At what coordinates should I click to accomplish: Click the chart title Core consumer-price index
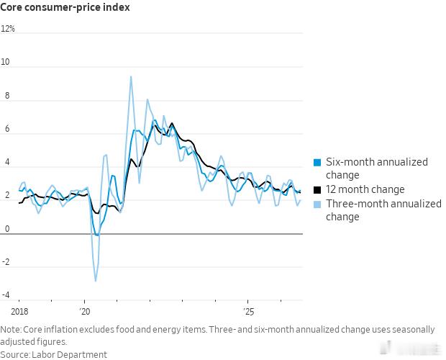coord(65,7)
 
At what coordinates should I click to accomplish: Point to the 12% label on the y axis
coord(8,29)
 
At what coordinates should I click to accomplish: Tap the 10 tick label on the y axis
coord(5,62)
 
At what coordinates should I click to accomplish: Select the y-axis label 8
coord(7,96)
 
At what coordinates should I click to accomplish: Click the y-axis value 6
coord(7,129)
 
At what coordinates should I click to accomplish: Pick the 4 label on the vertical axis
coord(7,162)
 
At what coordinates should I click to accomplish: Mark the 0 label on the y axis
coord(7,229)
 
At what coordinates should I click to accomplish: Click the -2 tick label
coord(6,262)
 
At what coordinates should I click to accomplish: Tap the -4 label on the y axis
coord(6,295)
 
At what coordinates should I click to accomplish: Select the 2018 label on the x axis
coord(19,312)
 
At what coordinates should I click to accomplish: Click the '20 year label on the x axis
coord(84,312)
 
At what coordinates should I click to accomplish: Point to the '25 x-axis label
coord(248,312)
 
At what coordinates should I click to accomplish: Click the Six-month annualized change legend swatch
coord(317,163)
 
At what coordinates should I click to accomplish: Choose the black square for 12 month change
coord(317,190)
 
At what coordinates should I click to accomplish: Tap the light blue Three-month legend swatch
coord(317,204)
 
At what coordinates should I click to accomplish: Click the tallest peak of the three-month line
coord(131,76)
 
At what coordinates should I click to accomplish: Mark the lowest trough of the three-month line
coord(95,282)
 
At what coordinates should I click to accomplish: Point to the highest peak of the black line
coord(172,123)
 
